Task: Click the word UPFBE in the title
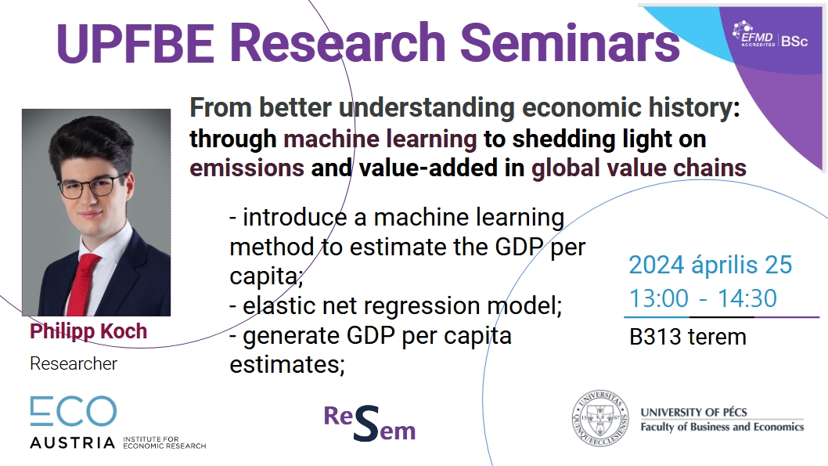pos(135,43)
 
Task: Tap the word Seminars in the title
pos(570,43)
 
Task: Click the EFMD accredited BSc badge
pos(770,36)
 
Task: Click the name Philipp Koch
pos(88,331)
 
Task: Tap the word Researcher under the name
pos(74,363)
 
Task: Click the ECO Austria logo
pos(117,423)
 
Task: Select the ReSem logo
pos(369,423)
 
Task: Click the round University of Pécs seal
pos(600,418)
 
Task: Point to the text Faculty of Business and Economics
pos(722,427)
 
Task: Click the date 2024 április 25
pos(711,265)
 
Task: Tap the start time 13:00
pos(659,298)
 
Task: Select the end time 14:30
pos(747,298)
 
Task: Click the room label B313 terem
pos(688,337)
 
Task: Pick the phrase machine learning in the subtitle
pos(380,139)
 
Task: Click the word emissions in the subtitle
pos(247,168)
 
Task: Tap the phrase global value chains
pos(639,168)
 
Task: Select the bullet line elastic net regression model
pos(395,305)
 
